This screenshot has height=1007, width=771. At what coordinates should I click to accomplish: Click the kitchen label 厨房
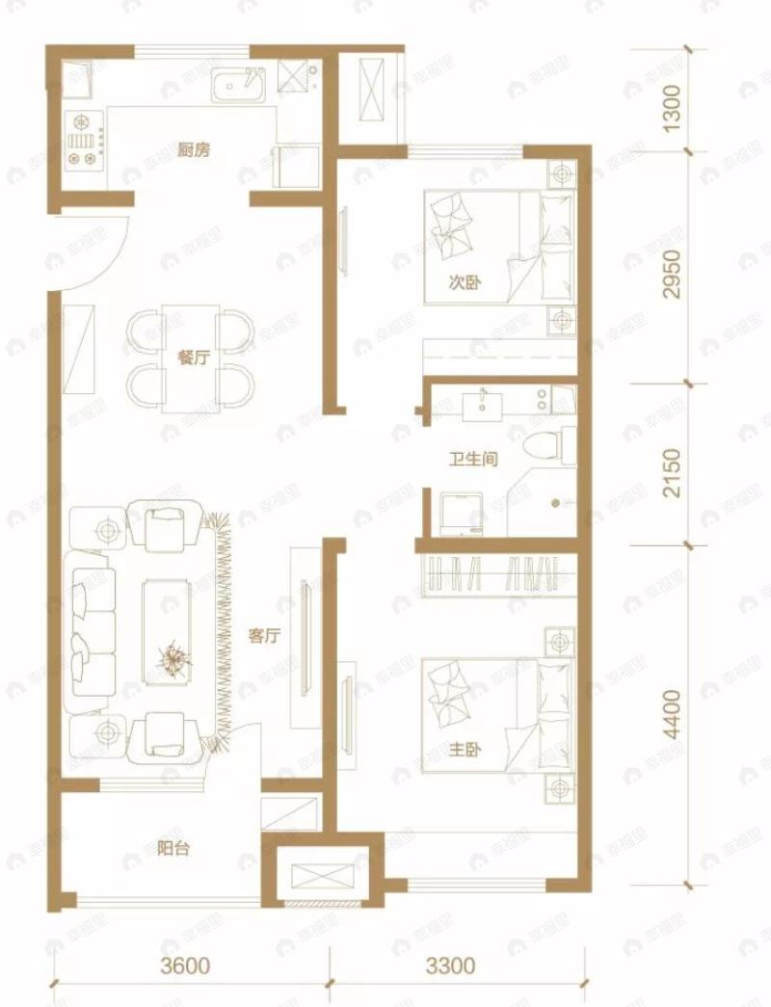tap(194, 150)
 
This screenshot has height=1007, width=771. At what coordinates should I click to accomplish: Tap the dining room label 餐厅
tap(194, 358)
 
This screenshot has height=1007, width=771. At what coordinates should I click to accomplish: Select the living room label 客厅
tap(265, 636)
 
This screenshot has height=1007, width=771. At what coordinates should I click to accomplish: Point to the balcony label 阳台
tap(173, 848)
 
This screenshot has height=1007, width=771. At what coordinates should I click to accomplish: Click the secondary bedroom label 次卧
tap(465, 282)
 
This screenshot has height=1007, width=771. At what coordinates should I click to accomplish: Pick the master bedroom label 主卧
tap(465, 749)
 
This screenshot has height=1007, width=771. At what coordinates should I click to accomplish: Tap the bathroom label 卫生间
tap(473, 460)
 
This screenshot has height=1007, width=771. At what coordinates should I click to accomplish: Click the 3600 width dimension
tap(185, 966)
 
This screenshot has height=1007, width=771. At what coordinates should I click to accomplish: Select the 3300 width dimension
tap(451, 966)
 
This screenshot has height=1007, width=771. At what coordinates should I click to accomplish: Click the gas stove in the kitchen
tap(85, 140)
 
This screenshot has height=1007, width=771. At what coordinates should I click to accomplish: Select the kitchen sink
tap(238, 86)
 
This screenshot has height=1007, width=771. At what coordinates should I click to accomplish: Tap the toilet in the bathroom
tap(549, 445)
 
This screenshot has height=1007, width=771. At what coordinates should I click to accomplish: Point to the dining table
tap(191, 358)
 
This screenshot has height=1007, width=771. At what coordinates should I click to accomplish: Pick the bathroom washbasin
tap(483, 405)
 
